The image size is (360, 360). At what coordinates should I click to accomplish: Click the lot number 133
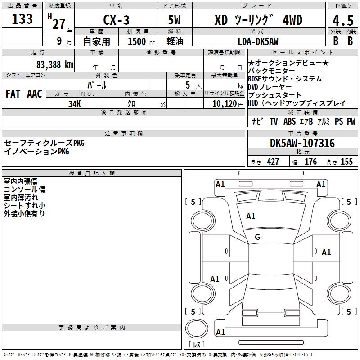[x=22, y=18]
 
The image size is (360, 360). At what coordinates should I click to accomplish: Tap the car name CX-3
[x=116, y=20]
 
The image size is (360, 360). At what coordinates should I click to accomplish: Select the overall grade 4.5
[x=343, y=21]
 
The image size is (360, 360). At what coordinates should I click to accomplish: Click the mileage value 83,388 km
[x=54, y=65]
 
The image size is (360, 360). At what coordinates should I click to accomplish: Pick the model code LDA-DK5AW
[x=258, y=41]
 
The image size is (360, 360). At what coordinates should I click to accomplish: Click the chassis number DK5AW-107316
[x=302, y=143]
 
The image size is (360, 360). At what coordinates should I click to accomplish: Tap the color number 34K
[x=75, y=104]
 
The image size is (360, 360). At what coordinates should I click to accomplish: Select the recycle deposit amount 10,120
[x=225, y=104]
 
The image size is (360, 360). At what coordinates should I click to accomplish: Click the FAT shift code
[x=13, y=94]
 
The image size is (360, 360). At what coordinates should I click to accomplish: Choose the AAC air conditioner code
[x=35, y=94]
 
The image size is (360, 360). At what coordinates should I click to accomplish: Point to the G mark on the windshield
[x=257, y=237]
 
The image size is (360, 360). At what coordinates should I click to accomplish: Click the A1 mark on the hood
[x=251, y=216]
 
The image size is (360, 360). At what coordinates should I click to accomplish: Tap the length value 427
[x=273, y=162]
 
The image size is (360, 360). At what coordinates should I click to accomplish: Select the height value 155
[x=346, y=162]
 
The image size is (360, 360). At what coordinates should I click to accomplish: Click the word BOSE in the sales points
[x=255, y=79]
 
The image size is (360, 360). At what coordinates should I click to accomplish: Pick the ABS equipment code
[x=289, y=121]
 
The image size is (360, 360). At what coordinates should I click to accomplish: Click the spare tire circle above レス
[x=197, y=328]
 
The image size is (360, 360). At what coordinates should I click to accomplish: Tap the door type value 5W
[x=174, y=20]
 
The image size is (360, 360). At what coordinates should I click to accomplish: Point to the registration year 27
[x=59, y=24]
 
